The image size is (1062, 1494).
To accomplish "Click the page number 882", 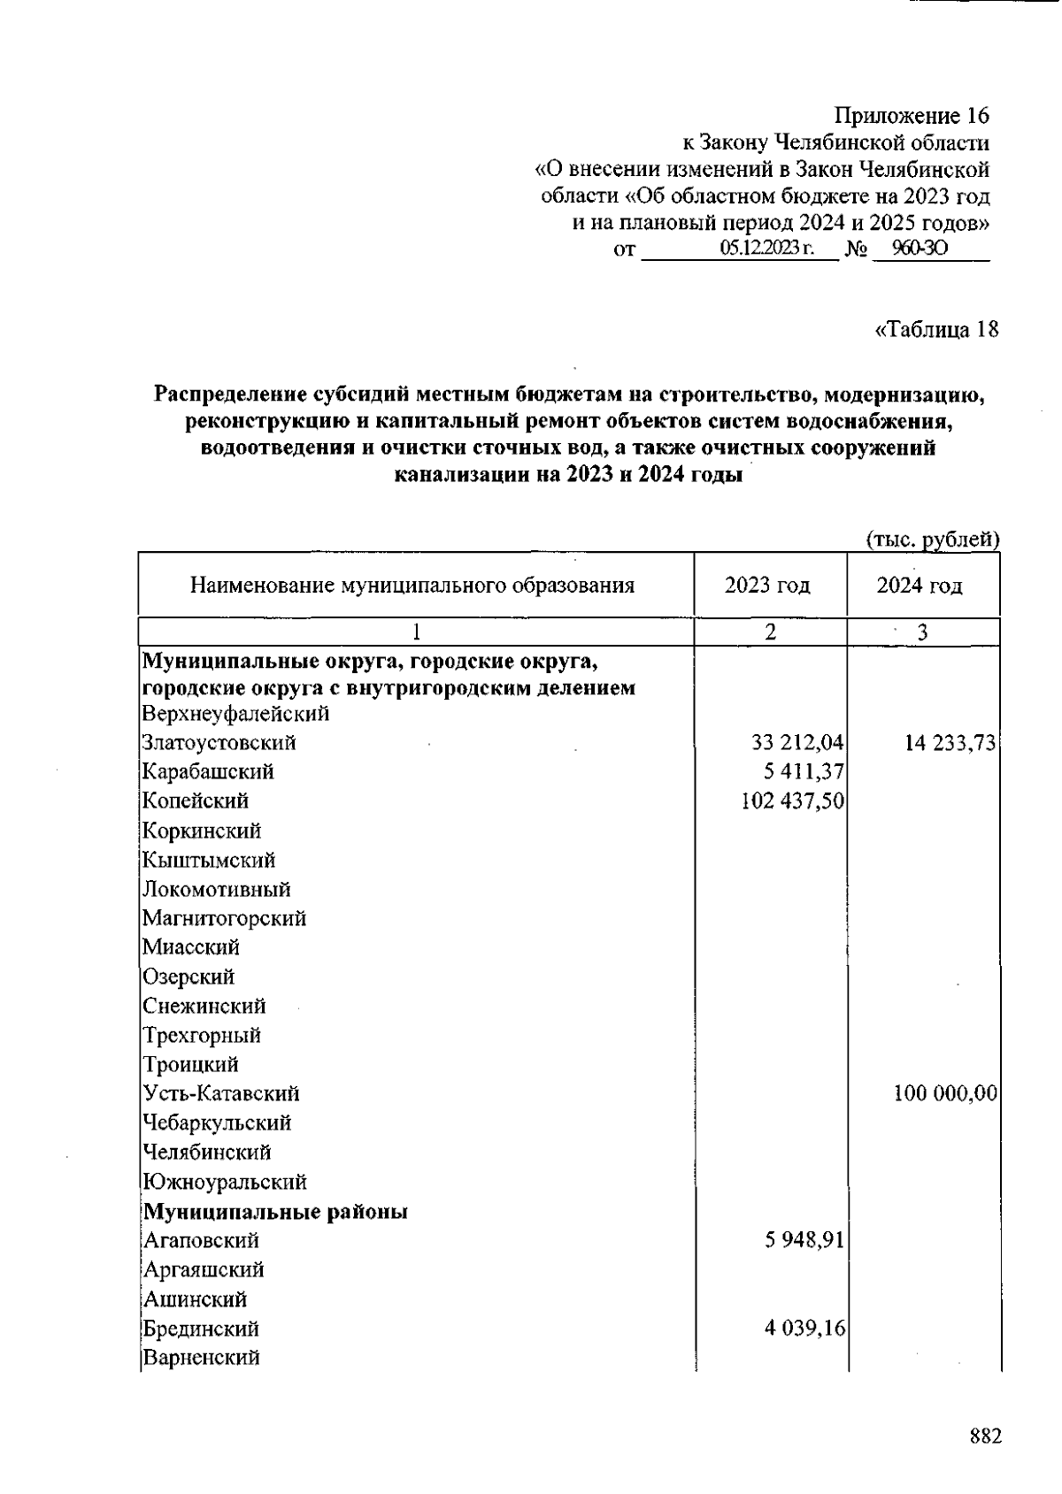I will (x=985, y=1436).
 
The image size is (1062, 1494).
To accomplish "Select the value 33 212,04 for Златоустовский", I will (x=797, y=743).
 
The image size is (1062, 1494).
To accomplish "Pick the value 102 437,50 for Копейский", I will (x=792, y=801).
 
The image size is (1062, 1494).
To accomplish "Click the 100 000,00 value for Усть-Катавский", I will (x=945, y=1094).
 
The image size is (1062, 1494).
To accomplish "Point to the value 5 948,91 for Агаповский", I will (x=804, y=1240).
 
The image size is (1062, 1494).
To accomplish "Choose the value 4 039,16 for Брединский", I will (x=804, y=1329).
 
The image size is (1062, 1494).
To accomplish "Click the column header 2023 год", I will (x=767, y=586).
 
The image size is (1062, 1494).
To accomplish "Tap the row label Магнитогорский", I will (x=225, y=918).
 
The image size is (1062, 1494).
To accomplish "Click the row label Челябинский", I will (x=207, y=1153).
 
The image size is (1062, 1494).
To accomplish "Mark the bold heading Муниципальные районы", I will (x=275, y=1211).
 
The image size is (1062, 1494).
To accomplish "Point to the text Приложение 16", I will (x=912, y=116).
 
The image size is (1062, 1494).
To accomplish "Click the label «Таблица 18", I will (x=936, y=330).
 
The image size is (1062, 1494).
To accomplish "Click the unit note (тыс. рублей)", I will (x=932, y=539).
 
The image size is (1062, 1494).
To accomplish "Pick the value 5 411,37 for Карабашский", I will (x=804, y=772).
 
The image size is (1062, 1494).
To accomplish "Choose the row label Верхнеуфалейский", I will (x=235, y=714).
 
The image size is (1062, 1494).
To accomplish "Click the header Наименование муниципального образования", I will (x=412, y=586).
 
